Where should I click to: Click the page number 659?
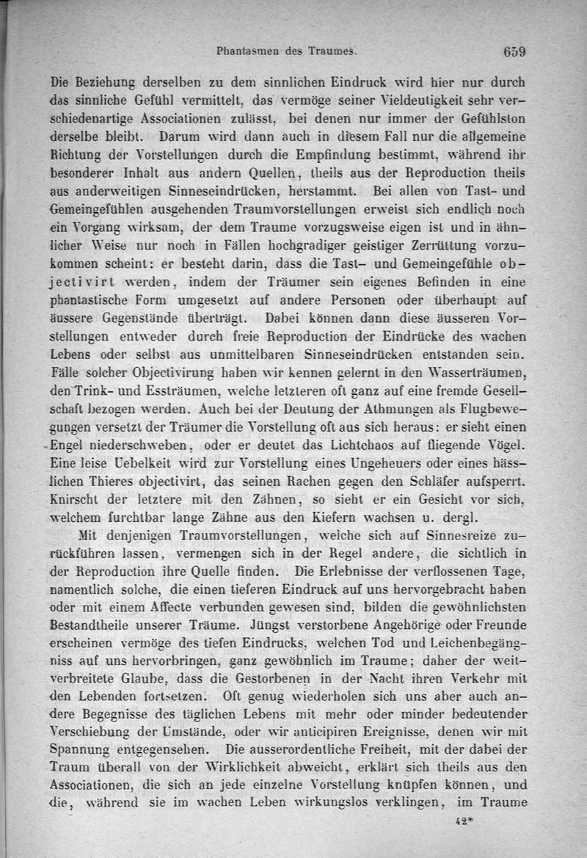[x=515, y=52]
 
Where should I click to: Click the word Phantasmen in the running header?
[x=247, y=52]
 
